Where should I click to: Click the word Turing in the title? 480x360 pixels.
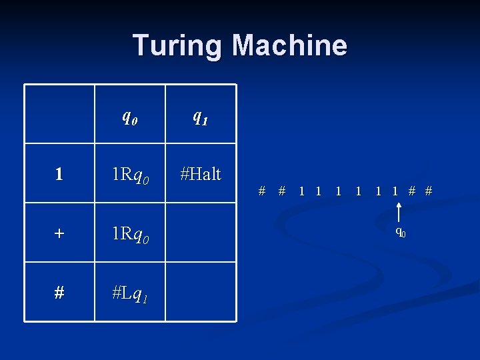coord(177,45)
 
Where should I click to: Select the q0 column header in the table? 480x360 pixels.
coord(130,116)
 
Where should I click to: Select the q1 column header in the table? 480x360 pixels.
coord(200,116)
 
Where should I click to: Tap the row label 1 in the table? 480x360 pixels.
coord(59,175)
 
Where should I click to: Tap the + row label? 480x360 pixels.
coord(59,233)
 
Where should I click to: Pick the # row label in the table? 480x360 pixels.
coord(59,292)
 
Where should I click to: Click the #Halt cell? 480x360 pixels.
coord(200,173)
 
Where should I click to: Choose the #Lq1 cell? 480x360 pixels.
coord(130,292)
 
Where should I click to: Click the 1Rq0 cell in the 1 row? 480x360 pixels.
coord(130,175)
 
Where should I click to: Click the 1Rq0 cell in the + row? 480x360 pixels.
coord(130,233)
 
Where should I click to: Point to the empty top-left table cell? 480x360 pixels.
coord(59,114)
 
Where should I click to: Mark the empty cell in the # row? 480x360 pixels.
coord(200,292)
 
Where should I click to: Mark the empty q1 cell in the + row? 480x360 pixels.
coord(200,233)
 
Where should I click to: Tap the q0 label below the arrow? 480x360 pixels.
coord(400,232)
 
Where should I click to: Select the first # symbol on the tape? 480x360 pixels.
coord(262,191)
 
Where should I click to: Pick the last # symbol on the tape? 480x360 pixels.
coord(429,191)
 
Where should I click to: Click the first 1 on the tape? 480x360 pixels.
coord(301,191)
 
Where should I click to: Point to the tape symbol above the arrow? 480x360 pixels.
coord(396,191)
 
